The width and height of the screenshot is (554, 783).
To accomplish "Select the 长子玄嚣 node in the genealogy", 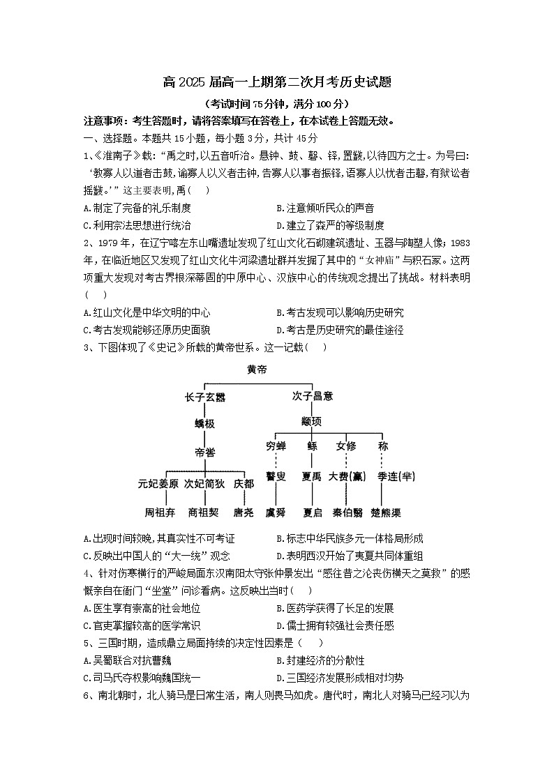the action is (205, 396).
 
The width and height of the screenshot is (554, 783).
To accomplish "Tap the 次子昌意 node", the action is (313, 396).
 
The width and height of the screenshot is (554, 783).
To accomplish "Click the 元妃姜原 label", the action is (158, 482).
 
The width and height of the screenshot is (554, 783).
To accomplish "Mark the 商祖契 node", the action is (204, 512).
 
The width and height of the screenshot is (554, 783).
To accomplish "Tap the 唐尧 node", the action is (244, 512).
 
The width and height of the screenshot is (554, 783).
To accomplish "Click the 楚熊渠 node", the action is (384, 512).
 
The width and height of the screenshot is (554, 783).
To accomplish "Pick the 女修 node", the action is (346, 446).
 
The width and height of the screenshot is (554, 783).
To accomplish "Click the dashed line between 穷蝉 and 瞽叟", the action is (276, 461).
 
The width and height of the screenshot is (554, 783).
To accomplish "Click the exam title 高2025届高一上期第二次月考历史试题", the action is (277, 82).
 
